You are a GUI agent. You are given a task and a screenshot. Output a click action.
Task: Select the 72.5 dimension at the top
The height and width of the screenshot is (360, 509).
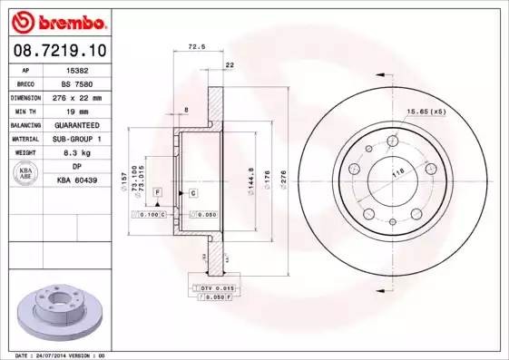pos(194,45)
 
